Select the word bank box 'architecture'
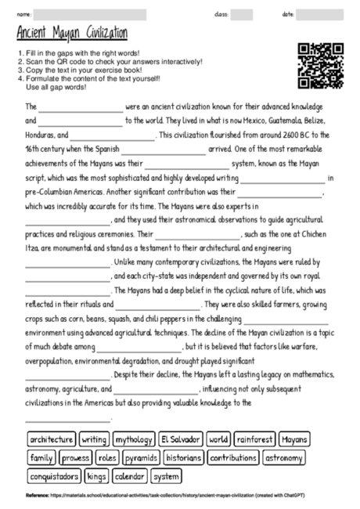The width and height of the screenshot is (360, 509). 52,439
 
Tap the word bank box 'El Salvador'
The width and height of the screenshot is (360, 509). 181,439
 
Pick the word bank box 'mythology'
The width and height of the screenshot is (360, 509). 134,439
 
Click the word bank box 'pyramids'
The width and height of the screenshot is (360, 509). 142,457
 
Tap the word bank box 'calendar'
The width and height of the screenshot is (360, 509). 129,475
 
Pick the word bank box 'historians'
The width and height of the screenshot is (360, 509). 185,457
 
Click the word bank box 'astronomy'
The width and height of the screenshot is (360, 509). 289,457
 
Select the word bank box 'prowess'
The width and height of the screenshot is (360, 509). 76,457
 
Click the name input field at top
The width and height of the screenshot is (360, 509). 91,14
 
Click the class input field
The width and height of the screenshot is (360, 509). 242,14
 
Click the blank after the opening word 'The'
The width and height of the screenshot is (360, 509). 81,107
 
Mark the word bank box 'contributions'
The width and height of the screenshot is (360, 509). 233,457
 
